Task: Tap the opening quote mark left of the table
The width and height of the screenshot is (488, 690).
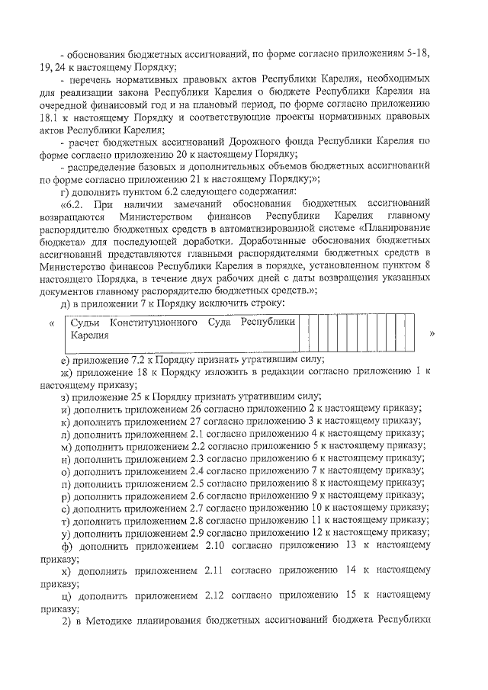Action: [x=51, y=323]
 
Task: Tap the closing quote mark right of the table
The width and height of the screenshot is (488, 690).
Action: [x=432, y=334]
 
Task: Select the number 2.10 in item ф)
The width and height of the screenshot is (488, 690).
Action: [x=219, y=545]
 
